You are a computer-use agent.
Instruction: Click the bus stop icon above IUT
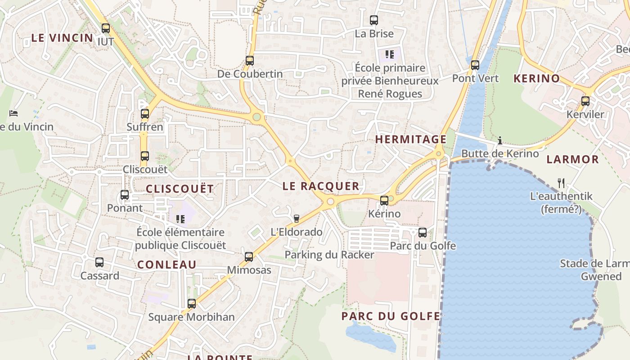coord(106,28)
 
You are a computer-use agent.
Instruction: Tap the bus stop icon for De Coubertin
coord(250,61)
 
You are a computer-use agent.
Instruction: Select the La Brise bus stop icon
coord(374,20)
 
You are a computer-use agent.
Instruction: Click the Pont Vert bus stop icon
coord(475,65)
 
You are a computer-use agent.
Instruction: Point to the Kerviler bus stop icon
coord(585,101)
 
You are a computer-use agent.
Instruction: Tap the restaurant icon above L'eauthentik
coord(561,183)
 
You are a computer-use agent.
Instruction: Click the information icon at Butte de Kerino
coord(499,140)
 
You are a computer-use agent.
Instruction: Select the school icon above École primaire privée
coord(390,55)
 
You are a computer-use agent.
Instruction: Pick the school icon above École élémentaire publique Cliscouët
coord(180,219)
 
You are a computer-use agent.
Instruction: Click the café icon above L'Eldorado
coord(296,219)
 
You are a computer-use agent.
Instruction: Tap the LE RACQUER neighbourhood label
coord(321,186)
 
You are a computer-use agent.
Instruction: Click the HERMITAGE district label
coord(410,139)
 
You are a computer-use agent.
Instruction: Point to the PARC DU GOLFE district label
coord(391,316)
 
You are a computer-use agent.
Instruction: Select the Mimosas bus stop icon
coord(249,257)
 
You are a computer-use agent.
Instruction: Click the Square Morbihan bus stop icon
coord(192,304)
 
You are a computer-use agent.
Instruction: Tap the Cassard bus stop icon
coord(99,262)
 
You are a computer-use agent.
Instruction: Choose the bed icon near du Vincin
coord(13,113)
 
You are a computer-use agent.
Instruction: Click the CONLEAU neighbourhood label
coord(167,265)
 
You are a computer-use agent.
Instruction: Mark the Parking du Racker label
coord(329,255)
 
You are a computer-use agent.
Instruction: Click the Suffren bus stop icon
coord(145,114)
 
